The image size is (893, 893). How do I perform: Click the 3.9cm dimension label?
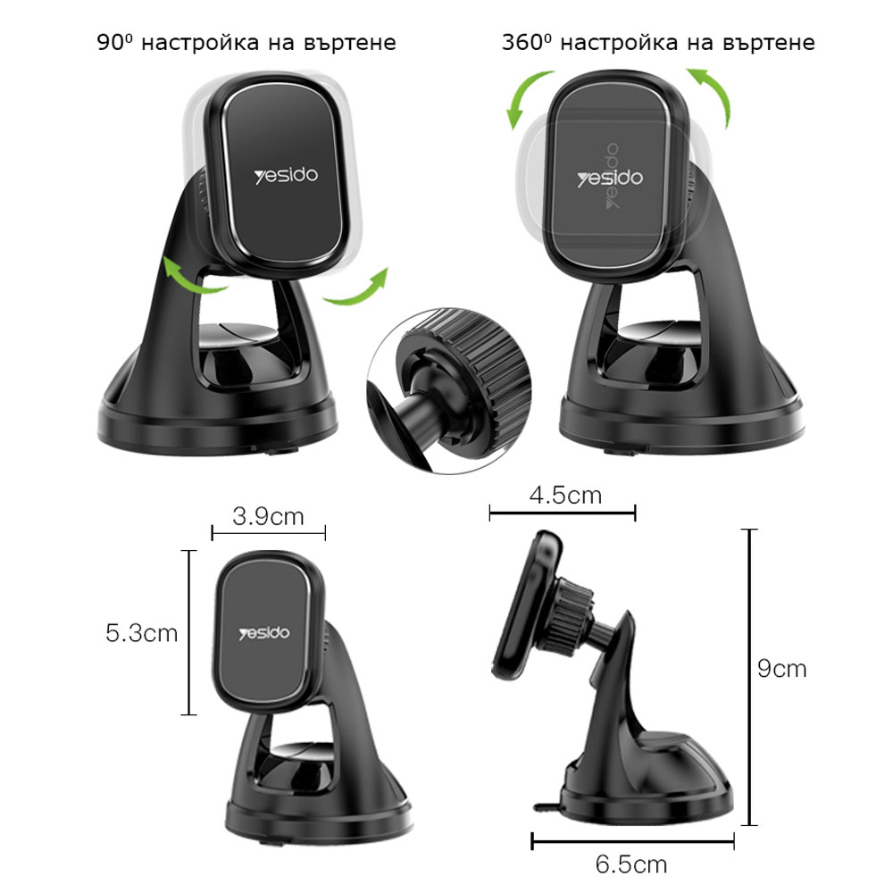[268, 516]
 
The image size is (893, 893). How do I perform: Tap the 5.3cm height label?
[142, 633]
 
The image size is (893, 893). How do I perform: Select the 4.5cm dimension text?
[565, 496]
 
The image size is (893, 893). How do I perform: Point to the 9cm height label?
[782, 669]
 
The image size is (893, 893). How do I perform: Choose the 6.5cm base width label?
[631, 864]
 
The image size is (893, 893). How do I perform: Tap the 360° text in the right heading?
[527, 42]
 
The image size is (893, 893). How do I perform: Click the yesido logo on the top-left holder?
[286, 175]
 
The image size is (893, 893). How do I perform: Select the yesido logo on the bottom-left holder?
[264, 633]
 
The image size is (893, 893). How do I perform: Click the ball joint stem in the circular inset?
[419, 409]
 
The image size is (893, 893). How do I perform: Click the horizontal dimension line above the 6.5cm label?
[633, 841]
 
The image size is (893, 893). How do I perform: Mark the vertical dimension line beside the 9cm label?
[750, 677]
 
